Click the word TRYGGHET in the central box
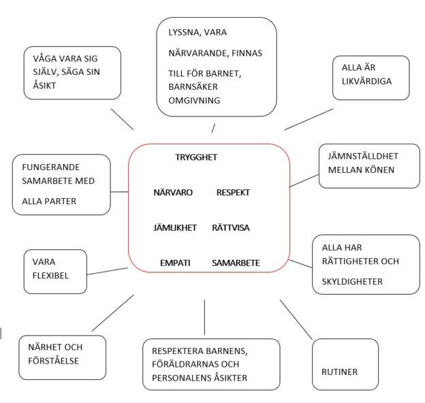pyautogui.click(x=196, y=157)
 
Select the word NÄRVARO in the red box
pyautogui.click(x=173, y=192)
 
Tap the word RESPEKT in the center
pyautogui.click(x=233, y=193)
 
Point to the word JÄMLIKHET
pyautogui.click(x=175, y=227)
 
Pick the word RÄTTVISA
pyautogui.click(x=231, y=227)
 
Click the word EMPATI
pyautogui.click(x=175, y=263)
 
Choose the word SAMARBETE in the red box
pyautogui.click(x=236, y=263)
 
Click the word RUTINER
pyautogui.click(x=339, y=372)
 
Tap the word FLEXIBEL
pyautogui.click(x=50, y=276)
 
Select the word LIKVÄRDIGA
pyautogui.click(x=366, y=81)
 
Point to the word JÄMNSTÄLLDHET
pyautogui.click(x=363, y=156)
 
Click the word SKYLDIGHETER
pyautogui.click(x=352, y=282)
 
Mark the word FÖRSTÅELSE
pyautogui.click(x=53, y=361)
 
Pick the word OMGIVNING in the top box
pyautogui.click(x=194, y=101)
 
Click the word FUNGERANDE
pyautogui.click(x=50, y=167)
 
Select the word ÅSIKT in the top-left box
pyautogui.click(x=44, y=85)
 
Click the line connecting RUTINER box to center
pyautogui.click(x=296, y=319)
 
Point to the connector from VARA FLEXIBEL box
pyautogui.click(x=108, y=272)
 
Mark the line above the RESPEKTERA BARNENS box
pyautogui.click(x=204, y=317)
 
